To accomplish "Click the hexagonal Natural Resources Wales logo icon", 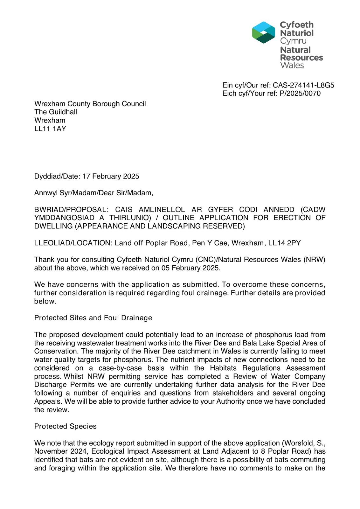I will (x=263, y=32).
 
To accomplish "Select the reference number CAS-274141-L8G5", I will (x=303, y=85).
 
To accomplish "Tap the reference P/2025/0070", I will (x=300, y=94).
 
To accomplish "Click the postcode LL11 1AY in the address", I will (x=50, y=129).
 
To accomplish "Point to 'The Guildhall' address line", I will (x=56, y=112).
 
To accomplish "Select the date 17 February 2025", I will (x=111, y=177).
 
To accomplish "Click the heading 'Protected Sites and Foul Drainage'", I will (x=93, y=318).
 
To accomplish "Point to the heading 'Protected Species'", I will (x=65, y=426).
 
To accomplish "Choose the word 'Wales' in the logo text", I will (x=292, y=66).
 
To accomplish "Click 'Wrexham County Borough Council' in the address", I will (x=90, y=104).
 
